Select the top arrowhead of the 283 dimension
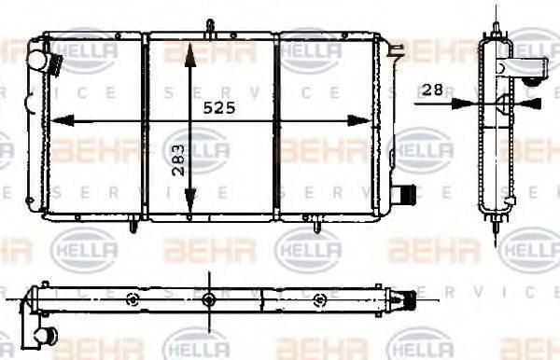pos(190,48)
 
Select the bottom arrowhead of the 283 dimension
pos(190,209)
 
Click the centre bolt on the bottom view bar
pos(209,298)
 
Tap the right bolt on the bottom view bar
pos(320,298)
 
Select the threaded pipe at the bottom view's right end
pos(408,299)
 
